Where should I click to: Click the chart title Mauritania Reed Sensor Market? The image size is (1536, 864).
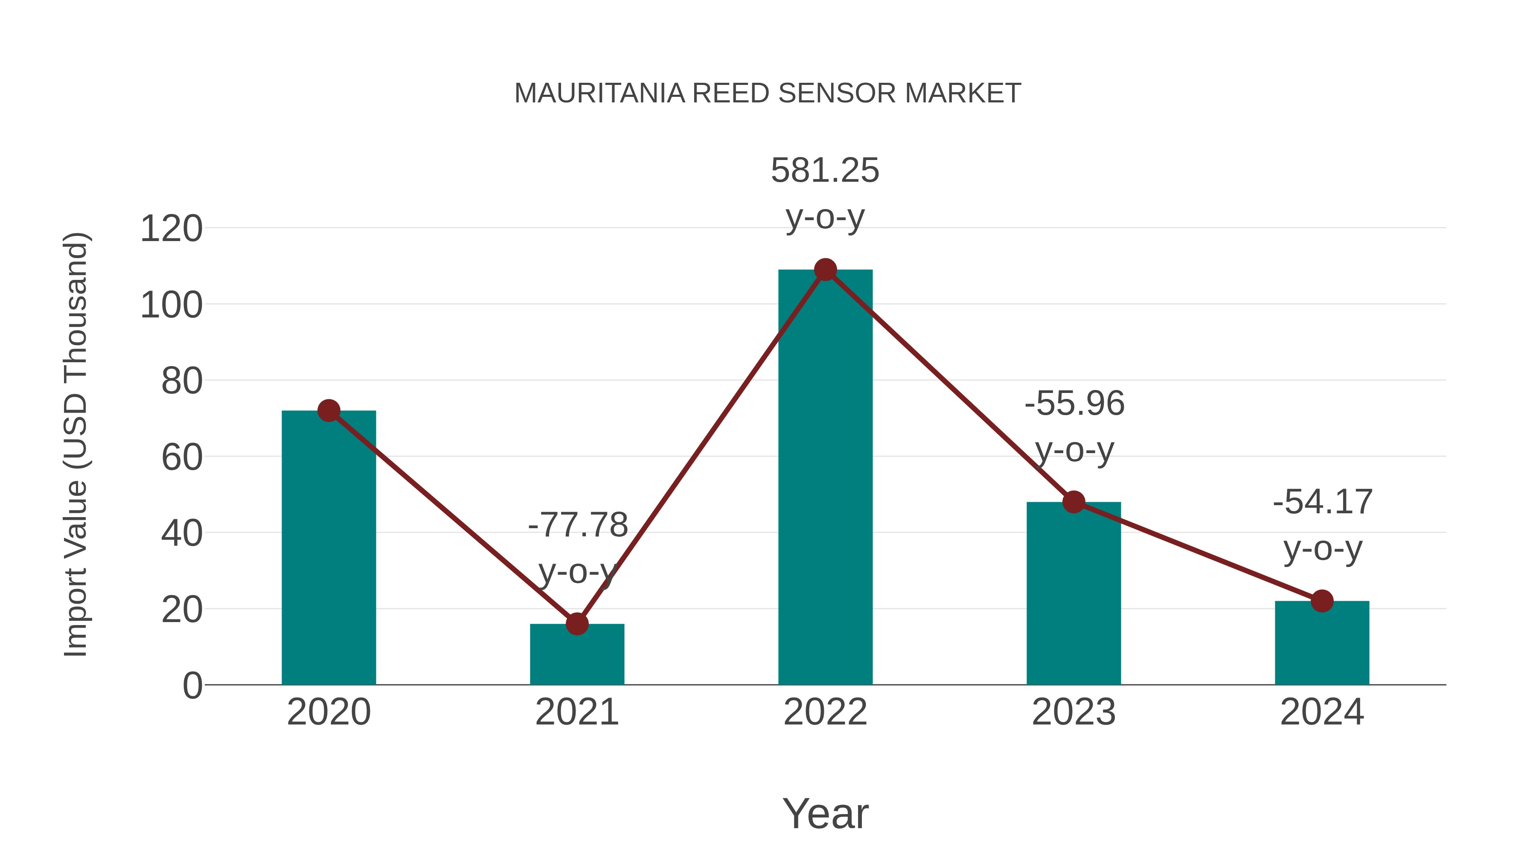[768, 93]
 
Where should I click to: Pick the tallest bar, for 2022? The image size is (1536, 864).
[825, 477]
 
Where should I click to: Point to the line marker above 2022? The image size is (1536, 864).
[825, 270]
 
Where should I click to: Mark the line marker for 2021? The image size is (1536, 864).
[576, 624]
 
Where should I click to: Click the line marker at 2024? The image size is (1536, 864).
[1322, 601]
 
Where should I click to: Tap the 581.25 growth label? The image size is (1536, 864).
[825, 171]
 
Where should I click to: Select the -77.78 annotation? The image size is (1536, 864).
[577, 525]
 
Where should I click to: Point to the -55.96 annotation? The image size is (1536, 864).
[1074, 404]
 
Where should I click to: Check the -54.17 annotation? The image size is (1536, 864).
[1323, 502]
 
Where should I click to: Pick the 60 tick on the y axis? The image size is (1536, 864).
[182, 457]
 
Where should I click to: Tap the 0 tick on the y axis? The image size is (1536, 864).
[192, 686]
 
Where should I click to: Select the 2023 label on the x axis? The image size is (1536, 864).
[1073, 712]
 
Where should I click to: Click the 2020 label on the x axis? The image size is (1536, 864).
[329, 712]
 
